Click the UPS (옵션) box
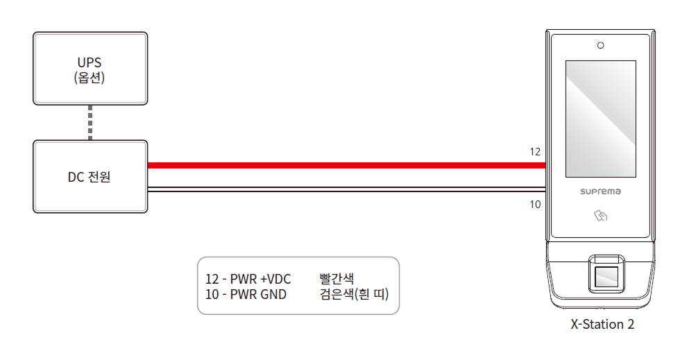click(90, 69)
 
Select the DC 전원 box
click(90, 176)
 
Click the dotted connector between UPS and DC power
click(90, 123)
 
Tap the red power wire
click(347, 166)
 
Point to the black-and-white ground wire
click(347, 189)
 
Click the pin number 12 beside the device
click(535, 152)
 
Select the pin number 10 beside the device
click(535, 205)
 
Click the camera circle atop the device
click(601, 45)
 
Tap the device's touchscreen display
click(601, 119)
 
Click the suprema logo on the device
click(601, 191)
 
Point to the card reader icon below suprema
click(601, 216)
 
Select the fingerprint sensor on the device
click(606, 273)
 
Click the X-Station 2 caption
click(602, 325)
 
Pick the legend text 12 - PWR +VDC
click(248, 280)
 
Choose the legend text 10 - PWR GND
click(246, 294)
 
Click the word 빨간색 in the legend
click(337, 279)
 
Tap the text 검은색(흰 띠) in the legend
click(354, 294)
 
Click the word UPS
click(90, 63)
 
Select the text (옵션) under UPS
click(90, 78)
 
